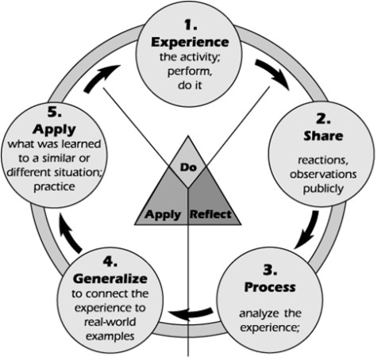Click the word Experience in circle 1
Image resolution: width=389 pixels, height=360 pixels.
[189, 41]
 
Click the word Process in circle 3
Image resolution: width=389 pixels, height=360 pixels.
[272, 285]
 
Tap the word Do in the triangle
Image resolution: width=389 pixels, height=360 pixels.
[189, 169]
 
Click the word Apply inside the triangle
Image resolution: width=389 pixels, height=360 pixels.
[162, 214]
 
